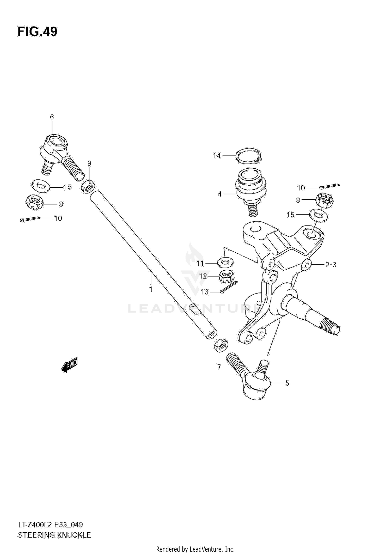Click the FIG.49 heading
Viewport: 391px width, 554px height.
pos(38,32)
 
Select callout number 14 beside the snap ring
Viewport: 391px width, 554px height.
pos(217,156)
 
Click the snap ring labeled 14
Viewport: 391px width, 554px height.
pos(249,156)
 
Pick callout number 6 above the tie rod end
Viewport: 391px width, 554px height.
pos(52,117)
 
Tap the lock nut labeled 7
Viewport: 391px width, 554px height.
pos(221,345)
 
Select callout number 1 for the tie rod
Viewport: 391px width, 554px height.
pos(151,289)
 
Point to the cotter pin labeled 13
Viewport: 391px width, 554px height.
pos(229,287)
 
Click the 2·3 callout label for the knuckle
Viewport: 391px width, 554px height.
pos(331,265)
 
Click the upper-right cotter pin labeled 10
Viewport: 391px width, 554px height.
pos(329,186)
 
